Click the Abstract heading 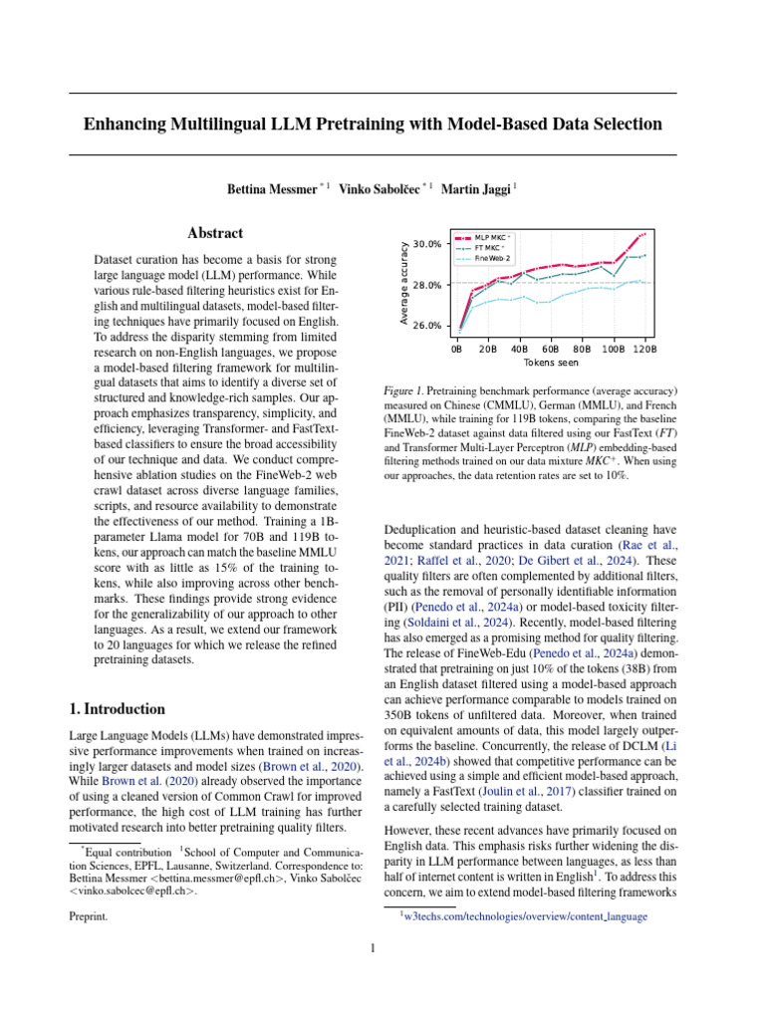coord(215,233)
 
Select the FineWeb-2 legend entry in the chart coord(493,258)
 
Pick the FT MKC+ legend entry coord(490,248)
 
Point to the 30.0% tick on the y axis coord(426,244)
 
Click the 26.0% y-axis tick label coord(426,326)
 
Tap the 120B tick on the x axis coord(643,350)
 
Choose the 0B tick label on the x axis coord(456,350)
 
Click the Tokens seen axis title coord(551,364)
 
